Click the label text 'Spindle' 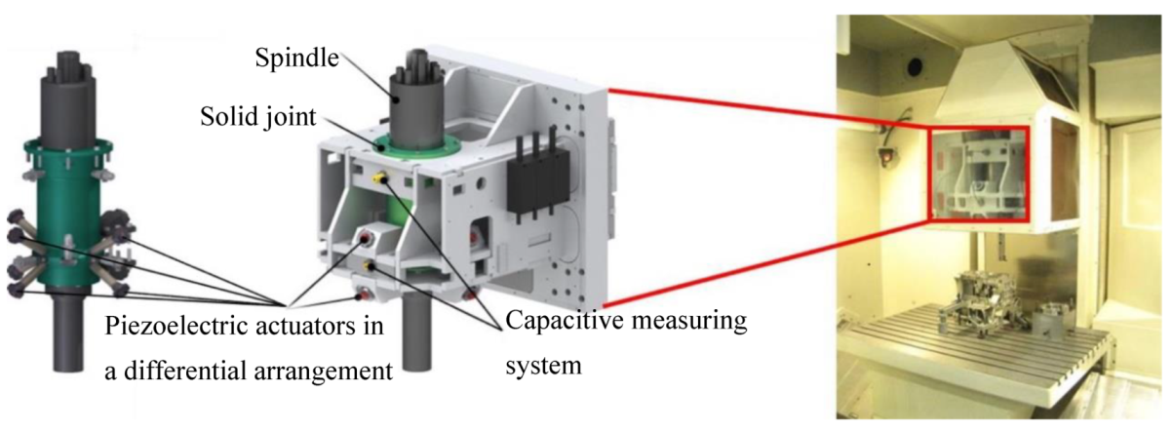[x=293, y=59]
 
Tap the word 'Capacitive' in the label [x=552, y=320]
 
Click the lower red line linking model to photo [x=770, y=263]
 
